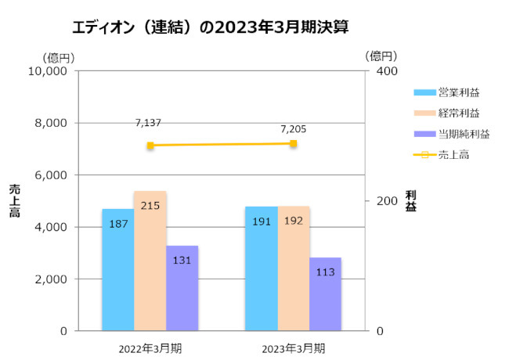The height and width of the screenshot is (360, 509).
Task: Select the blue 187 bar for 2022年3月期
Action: click(117, 269)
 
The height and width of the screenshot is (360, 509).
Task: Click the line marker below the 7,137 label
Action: click(150, 146)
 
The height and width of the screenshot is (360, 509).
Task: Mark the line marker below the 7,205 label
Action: click(294, 144)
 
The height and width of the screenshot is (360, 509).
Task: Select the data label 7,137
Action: click(148, 123)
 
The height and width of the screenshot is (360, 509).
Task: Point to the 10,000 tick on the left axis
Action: click(49, 71)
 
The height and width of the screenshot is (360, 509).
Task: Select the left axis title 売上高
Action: click(13, 200)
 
